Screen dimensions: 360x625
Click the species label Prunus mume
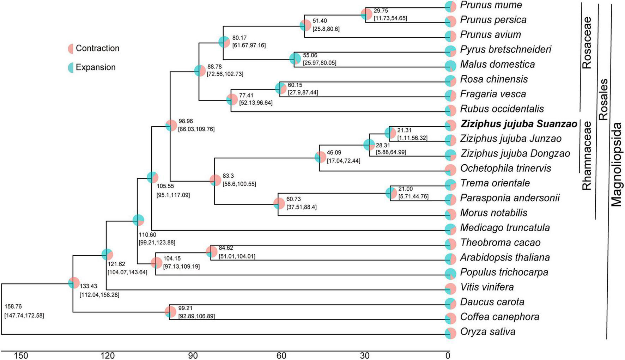[x=491, y=5]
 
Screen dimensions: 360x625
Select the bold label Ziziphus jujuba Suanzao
[x=518, y=124]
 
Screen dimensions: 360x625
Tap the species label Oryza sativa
[x=487, y=332]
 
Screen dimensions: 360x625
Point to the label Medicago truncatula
[x=505, y=228]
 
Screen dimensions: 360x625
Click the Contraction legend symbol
[x=71, y=49]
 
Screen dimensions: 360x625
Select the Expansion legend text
[x=96, y=67]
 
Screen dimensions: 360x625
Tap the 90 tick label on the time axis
[x=193, y=355]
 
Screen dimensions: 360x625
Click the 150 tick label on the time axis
[x=21, y=355]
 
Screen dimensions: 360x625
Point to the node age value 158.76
[x=13, y=307]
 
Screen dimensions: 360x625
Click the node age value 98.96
[x=186, y=121]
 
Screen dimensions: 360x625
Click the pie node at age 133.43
[x=74, y=283]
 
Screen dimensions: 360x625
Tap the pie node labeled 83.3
[x=215, y=180]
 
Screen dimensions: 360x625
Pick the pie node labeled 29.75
[x=366, y=14]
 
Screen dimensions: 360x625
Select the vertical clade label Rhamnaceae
[x=587, y=155]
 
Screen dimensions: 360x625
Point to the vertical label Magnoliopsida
[x=616, y=164]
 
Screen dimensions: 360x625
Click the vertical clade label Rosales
[x=604, y=99]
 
